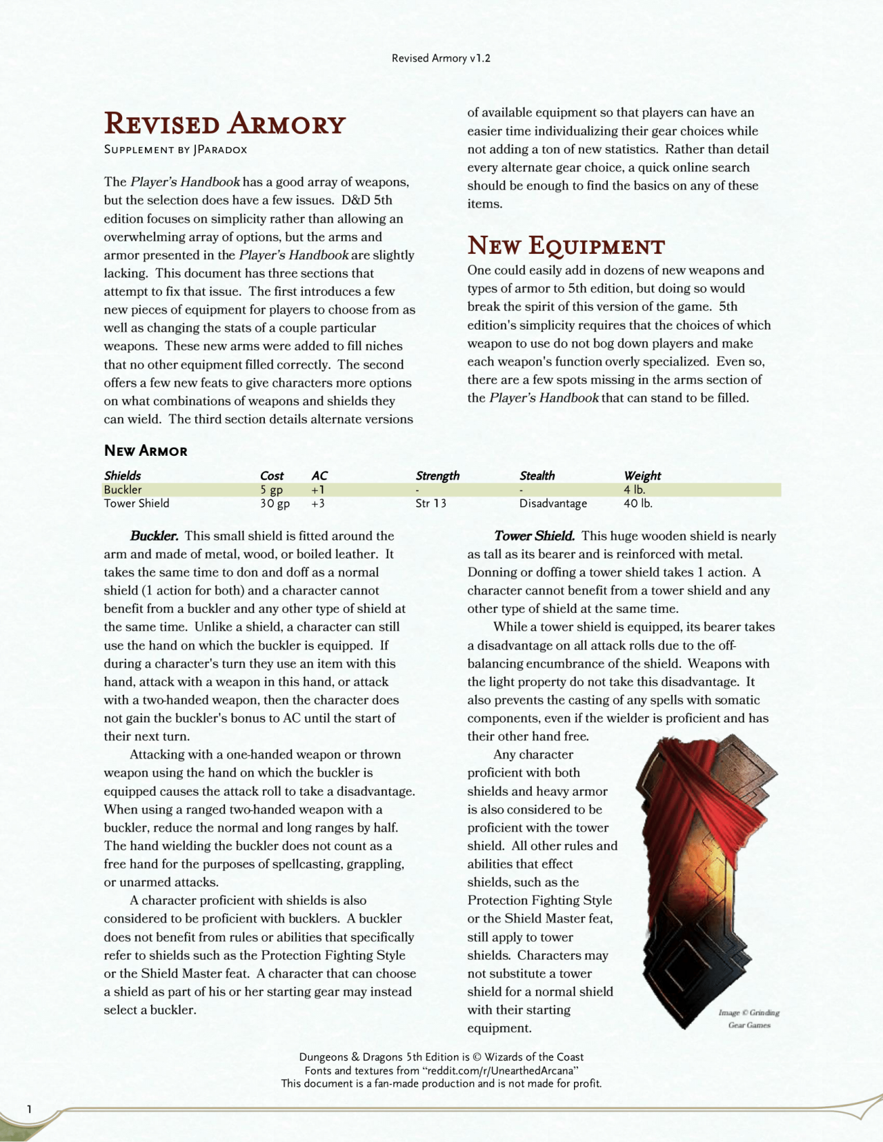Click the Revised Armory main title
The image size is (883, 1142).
coord(224,124)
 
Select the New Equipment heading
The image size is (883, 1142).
coord(566,246)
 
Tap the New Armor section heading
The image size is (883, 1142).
coord(146,451)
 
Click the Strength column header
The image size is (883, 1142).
coord(437,476)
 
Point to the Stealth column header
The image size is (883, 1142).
coord(537,476)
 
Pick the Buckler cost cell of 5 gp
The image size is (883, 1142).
coord(271,490)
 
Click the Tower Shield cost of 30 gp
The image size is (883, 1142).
coord(275,503)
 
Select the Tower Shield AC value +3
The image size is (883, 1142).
coord(318,503)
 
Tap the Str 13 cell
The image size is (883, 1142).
coord(430,503)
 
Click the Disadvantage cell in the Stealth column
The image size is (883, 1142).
coord(553,503)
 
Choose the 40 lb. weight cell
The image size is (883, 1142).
coord(637,503)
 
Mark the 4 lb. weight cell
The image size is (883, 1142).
coord(634,490)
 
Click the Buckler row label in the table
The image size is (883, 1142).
coord(123,490)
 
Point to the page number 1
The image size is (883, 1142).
coord(29,1109)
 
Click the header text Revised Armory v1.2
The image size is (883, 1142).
coord(441,59)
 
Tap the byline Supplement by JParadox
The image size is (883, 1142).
coord(175,150)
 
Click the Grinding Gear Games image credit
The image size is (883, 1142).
coord(748,1019)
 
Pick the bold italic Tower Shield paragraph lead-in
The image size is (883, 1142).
coord(534,536)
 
